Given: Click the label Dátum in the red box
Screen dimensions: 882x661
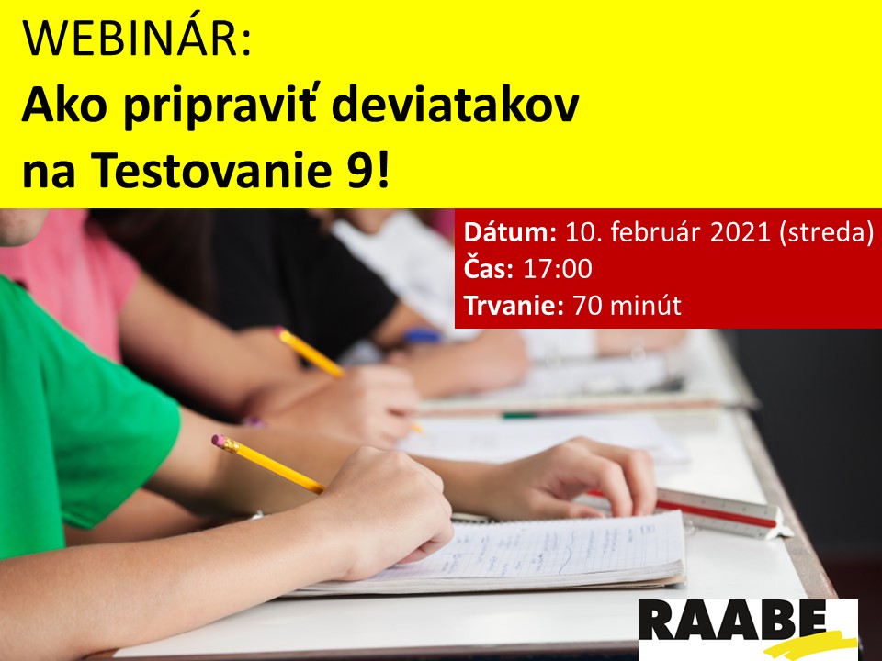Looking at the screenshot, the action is pos(510,232).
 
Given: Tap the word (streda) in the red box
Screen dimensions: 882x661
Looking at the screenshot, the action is pos(826,232).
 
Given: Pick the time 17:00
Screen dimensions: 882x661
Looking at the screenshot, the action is pos(558,269).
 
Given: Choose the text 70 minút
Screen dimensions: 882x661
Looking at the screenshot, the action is pos(627,305).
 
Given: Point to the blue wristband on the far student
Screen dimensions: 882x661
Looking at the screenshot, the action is pos(423,336).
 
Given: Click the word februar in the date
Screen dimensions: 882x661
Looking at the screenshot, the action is pos(648,232).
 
